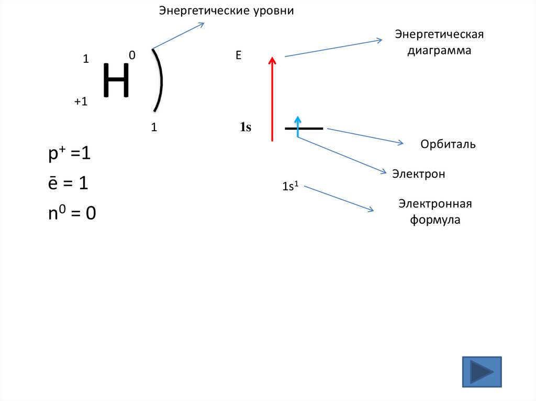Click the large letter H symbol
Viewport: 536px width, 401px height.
pyautogui.click(x=116, y=81)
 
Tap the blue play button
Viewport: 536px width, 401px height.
pyautogui.click(x=482, y=372)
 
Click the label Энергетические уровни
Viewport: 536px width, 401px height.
pyautogui.click(x=227, y=10)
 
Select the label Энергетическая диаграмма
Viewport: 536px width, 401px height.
pyautogui.click(x=440, y=43)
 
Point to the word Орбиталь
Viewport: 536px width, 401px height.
pyautogui.click(x=448, y=144)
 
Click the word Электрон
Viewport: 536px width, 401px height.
pyautogui.click(x=419, y=174)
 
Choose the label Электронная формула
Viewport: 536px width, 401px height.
pyautogui.click(x=435, y=212)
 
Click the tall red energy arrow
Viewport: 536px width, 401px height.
pyautogui.click(x=272, y=99)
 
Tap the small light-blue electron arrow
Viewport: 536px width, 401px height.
pyautogui.click(x=298, y=126)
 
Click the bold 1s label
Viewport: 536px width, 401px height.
pyautogui.click(x=245, y=127)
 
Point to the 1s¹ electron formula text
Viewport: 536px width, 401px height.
pyautogui.click(x=291, y=186)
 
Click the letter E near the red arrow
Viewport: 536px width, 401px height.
pyautogui.click(x=238, y=55)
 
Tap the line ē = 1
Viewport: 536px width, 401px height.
pyautogui.click(x=68, y=184)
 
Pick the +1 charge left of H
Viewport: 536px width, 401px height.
pyautogui.click(x=80, y=102)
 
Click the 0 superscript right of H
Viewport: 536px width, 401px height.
pyautogui.click(x=132, y=55)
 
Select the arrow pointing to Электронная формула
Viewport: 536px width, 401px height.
pyautogui.click(x=339, y=199)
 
